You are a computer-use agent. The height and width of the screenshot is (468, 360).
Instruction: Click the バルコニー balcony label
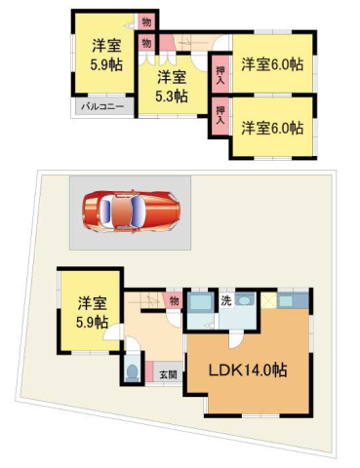pos(102,106)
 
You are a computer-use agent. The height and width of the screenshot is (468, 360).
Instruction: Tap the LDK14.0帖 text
pos(248,370)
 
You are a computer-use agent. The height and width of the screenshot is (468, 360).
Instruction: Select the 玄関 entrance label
pos(169,374)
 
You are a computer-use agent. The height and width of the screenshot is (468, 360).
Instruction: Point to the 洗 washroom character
pos(226,300)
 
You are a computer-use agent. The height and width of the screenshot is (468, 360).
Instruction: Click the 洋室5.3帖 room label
pos(172,86)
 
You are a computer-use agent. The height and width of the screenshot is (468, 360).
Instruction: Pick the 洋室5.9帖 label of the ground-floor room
pos(92,313)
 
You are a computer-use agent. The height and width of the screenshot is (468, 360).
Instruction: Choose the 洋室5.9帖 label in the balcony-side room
pos(106,55)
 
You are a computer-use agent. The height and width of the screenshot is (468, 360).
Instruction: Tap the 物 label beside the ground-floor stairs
pos(175,301)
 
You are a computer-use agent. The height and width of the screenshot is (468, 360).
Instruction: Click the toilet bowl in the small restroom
pos(133,372)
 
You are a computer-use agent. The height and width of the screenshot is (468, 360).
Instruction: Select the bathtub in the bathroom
pos(200,302)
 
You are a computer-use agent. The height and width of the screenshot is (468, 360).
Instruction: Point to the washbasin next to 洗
pos(245,299)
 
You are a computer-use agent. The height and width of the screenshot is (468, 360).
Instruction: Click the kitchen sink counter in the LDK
pos(293,300)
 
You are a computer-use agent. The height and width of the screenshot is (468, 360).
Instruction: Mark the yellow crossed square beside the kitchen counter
pos(269,300)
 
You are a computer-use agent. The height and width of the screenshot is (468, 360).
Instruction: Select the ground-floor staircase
pos(145,299)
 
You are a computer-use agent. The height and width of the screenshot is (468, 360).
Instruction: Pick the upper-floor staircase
pos(190,42)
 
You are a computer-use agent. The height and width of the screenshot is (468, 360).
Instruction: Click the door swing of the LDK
pos(235,341)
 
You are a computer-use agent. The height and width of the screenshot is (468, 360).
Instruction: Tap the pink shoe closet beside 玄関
pos(149,371)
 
